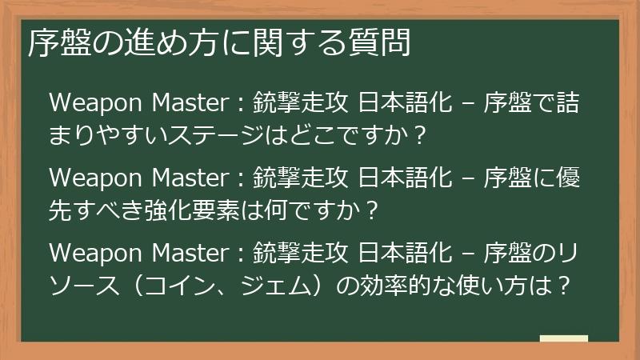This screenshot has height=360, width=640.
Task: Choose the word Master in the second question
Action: coord(187,175)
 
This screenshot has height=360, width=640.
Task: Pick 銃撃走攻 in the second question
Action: coord(299,175)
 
